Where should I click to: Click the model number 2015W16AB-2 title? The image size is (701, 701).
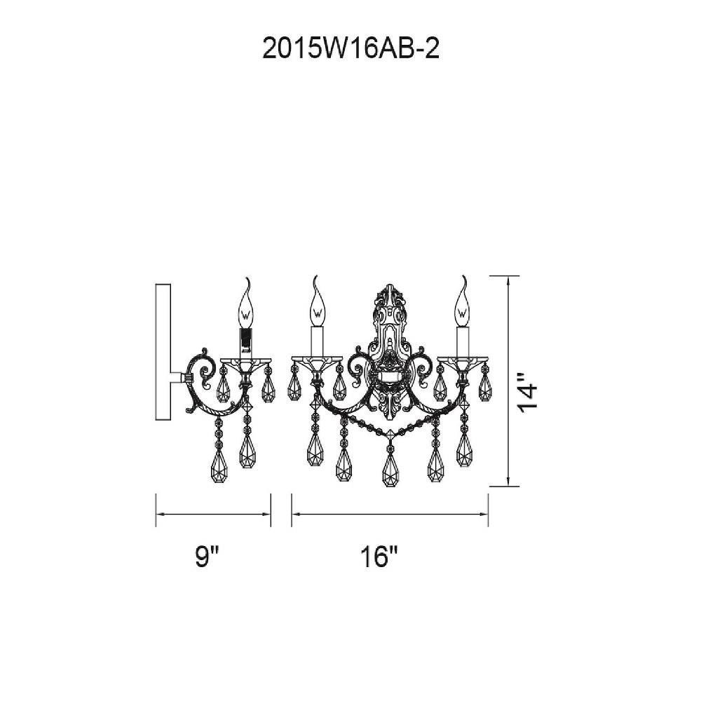tap(351, 49)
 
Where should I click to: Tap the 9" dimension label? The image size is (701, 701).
tap(208, 557)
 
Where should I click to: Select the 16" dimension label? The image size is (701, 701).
tap(379, 557)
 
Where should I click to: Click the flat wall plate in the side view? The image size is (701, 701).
tap(163, 352)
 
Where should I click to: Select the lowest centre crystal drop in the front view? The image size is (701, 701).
tap(390, 470)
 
